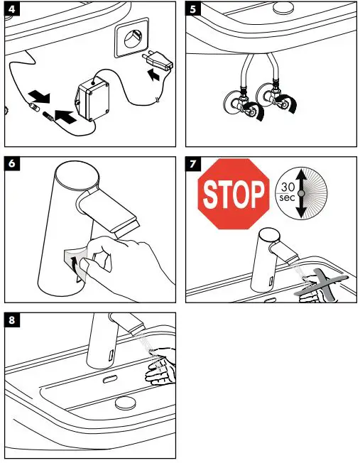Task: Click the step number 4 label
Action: pyautogui.click(x=12, y=9)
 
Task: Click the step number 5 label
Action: pyautogui.click(x=193, y=9)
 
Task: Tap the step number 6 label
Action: pyautogui.click(x=12, y=163)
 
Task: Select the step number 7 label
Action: pyautogui.click(x=193, y=163)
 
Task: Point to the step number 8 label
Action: pyautogui.click(x=12, y=320)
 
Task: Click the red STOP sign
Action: pyautogui.click(x=234, y=194)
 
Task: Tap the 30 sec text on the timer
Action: pyautogui.click(x=288, y=192)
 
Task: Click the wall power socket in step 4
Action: pyautogui.click(x=131, y=38)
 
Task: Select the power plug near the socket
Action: pyautogui.click(x=158, y=60)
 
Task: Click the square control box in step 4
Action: pyautogui.click(x=93, y=99)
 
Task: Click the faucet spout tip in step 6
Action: pyautogui.click(x=128, y=229)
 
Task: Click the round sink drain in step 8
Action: pyautogui.click(x=125, y=403)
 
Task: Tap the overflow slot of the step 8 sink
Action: pyautogui.click(x=110, y=378)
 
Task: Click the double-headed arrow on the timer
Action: pyautogui.click(x=301, y=193)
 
